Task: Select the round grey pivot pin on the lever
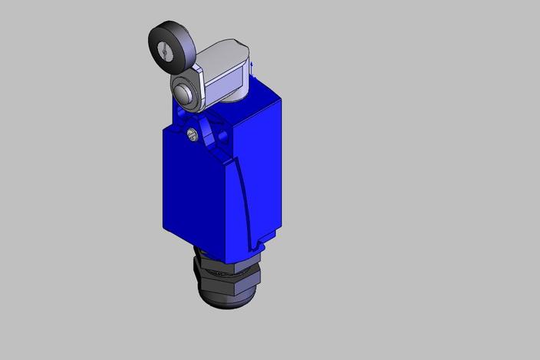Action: pos(182,94)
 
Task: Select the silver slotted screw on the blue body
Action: pos(192,137)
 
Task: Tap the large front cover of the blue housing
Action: pos(196,192)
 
